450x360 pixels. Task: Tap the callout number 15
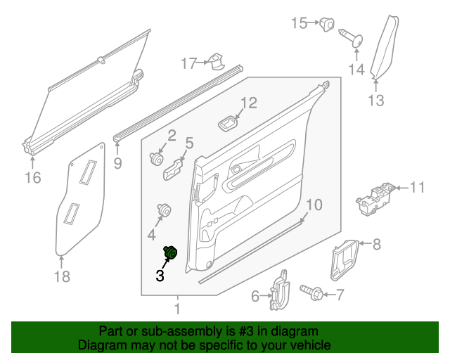pyautogui.click(x=300, y=24)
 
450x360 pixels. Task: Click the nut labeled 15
pyautogui.click(x=327, y=25)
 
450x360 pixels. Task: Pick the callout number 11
pyautogui.click(x=418, y=188)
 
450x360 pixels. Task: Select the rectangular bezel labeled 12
pyautogui.click(x=228, y=124)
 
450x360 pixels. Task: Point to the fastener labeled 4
pyautogui.click(x=165, y=210)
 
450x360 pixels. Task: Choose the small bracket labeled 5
pyautogui.click(x=174, y=167)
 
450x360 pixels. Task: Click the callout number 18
pyautogui.click(x=63, y=276)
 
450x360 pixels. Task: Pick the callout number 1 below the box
pyautogui.click(x=176, y=309)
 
